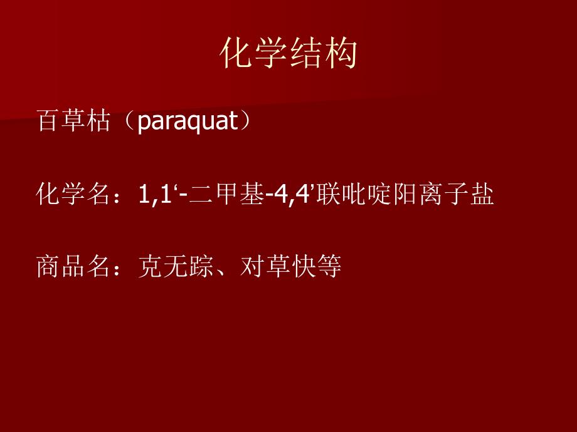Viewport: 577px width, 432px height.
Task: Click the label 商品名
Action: pyautogui.click(x=73, y=267)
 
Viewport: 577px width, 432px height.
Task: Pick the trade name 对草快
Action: pyautogui.click(x=277, y=267)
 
